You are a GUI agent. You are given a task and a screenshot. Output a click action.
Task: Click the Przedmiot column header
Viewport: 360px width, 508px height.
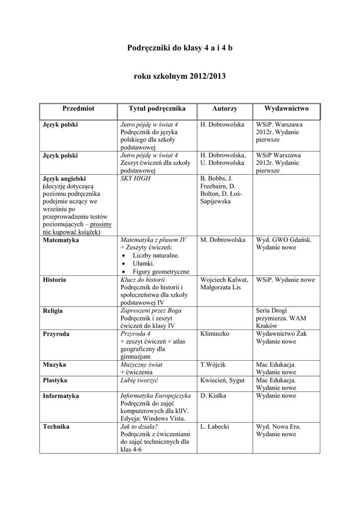[x=78, y=109]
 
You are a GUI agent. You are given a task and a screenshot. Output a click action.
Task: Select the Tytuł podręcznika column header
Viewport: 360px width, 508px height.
[x=157, y=109]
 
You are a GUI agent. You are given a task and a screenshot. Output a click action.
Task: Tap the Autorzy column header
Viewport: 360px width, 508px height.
[x=224, y=109]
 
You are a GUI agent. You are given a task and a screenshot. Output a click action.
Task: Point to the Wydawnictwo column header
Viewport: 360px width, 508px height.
[x=287, y=109]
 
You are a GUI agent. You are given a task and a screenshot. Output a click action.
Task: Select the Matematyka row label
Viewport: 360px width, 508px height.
[x=61, y=240]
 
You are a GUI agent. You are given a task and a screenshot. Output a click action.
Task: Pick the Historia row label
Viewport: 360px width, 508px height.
[x=55, y=280]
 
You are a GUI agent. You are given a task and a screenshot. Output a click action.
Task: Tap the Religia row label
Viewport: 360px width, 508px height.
[x=53, y=311]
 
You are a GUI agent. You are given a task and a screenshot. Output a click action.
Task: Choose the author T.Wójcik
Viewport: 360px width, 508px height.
[x=213, y=365]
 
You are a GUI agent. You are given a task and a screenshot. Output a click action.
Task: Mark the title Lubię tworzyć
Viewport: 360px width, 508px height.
[x=139, y=381]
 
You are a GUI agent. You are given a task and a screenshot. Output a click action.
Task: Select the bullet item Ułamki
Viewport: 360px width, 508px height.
[x=144, y=263]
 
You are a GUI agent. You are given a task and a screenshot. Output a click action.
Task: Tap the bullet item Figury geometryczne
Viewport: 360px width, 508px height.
[x=161, y=271]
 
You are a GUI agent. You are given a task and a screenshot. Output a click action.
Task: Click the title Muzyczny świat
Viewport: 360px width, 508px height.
[x=142, y=365]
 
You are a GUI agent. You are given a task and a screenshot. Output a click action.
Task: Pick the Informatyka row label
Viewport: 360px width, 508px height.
[x=61, y=396]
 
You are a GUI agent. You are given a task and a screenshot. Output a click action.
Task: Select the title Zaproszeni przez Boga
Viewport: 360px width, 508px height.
[x=151, y=311]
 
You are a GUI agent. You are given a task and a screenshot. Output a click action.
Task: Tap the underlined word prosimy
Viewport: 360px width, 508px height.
[x=101, y=224]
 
